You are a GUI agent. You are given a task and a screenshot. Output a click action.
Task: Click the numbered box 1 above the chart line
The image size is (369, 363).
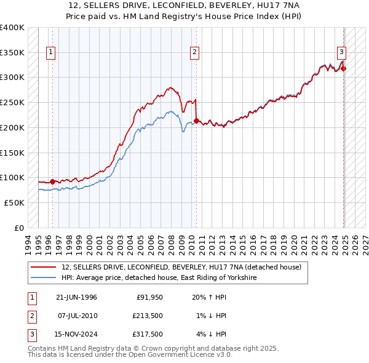pos(50,53)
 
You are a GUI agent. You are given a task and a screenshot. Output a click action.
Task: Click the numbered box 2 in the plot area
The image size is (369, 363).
pos(194,53)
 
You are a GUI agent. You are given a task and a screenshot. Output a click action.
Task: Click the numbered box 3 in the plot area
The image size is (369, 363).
pos(341,53)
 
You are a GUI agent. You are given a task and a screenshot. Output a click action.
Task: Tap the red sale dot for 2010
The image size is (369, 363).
pos(196,121)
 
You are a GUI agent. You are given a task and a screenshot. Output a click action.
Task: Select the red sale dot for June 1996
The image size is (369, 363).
pos(52,181)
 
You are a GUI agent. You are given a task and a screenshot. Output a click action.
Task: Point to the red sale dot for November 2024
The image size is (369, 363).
pos(344,68)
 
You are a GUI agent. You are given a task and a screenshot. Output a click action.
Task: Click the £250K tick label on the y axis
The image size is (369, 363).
pos(12,102)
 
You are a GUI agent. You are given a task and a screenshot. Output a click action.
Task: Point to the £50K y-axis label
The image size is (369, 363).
pos(14,202)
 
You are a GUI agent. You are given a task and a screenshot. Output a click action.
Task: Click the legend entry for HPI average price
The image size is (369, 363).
pos(159,278)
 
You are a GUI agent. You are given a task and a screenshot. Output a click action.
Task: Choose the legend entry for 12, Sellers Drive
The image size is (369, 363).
pos(181,268)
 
